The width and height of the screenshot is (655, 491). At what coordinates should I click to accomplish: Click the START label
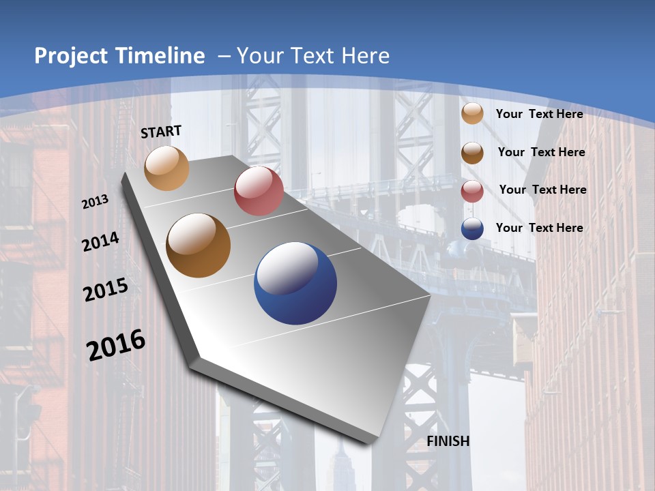[x=161, y=132]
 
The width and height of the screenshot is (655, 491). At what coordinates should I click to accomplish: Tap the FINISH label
[x=448, y=441]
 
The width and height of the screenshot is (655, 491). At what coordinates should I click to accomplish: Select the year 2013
[x=96, y=202]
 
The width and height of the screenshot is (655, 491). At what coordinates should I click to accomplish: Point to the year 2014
[x=100, y=242]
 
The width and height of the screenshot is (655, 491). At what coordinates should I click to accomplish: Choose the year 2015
[x=106, y=290]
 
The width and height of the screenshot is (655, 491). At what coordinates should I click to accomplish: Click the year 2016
[x=116, y=344]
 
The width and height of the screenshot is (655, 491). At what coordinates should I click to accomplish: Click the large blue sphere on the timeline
[x=295, y=283]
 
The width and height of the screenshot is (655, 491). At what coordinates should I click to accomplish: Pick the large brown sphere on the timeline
[x=199, y=245]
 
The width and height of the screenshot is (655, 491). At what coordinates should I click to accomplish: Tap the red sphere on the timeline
[x=259, y=191]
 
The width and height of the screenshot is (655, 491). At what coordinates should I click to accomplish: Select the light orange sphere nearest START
[x=167, y=168]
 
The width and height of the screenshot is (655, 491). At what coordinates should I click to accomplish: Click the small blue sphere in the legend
[x=472, y=229]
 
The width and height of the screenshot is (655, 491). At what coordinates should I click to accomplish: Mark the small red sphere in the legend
[x=472, y=192]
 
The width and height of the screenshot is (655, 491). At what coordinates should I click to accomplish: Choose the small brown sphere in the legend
[x=472, y=153]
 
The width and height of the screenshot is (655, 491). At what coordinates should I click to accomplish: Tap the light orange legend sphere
[x=472, y=114]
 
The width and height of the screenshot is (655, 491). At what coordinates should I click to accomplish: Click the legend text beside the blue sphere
[x=540, y=228]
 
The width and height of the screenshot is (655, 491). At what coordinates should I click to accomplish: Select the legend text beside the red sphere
[x=542, y=190]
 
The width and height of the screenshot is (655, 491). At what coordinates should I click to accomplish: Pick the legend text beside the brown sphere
[x=541, y=152]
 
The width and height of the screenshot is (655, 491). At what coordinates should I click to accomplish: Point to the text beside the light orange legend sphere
[x=540, y=114]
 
